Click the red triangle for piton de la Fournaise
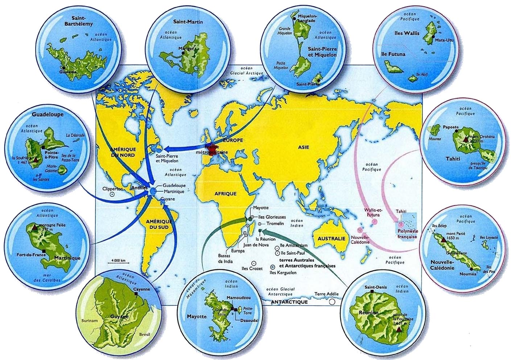pyautogui.click(x=399, y=330)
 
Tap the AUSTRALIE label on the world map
pyautogui.click(x=331, y=239)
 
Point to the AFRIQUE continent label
pyautogui.click(x=225, y=194)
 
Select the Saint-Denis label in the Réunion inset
pyautogui.click(x=375, y=287)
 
